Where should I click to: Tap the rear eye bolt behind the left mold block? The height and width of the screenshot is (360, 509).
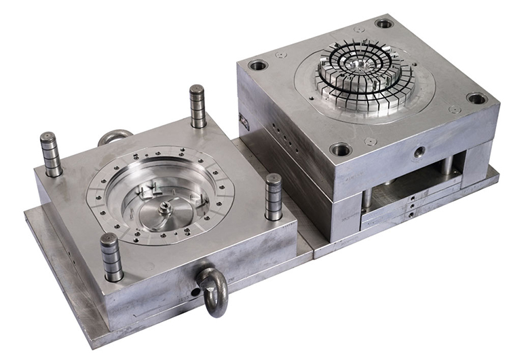click(115, 137)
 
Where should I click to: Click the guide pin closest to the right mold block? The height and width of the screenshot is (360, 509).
click(274, 197)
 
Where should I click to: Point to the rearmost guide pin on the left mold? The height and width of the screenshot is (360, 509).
click(197, 106)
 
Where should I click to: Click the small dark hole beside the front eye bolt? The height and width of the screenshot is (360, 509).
click(195, 292)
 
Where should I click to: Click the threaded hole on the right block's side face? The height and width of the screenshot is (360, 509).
click(419, 150)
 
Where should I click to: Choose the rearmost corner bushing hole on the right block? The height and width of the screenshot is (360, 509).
click(384, 23)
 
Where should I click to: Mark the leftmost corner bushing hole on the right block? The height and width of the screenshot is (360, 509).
click(258, 66)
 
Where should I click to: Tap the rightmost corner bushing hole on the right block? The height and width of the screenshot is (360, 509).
click(477, 98)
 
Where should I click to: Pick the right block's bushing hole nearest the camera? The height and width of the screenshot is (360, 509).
click(340, 149)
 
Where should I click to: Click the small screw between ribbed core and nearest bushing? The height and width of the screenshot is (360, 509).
click(370, 141)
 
